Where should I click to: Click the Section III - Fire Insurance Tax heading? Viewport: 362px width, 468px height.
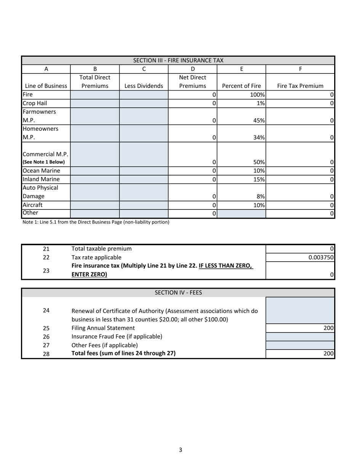pos(178,61)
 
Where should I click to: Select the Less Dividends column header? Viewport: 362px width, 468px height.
pos(144,86)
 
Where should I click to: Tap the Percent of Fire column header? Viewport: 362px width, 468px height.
pos(241,86)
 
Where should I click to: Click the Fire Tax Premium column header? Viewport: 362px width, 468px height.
pos(300,86)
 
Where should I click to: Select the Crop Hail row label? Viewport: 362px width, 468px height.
pos(35,103)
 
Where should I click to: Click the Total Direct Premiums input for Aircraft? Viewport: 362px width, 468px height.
pos(95,205)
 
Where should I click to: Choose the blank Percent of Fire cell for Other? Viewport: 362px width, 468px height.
pos(241,214)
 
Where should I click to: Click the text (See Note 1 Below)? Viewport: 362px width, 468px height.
pos(44,162)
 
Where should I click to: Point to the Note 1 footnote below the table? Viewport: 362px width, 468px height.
pos(96,222)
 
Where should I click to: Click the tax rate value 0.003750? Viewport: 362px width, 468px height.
pos(321,257)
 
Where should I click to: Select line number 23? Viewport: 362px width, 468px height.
pos(46,270)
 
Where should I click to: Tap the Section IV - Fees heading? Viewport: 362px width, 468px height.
pos(178,293)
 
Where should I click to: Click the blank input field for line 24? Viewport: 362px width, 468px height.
pos(300,310)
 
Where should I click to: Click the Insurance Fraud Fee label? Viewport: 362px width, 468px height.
pos(117,337)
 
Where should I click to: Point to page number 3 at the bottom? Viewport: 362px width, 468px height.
pos(180,450)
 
